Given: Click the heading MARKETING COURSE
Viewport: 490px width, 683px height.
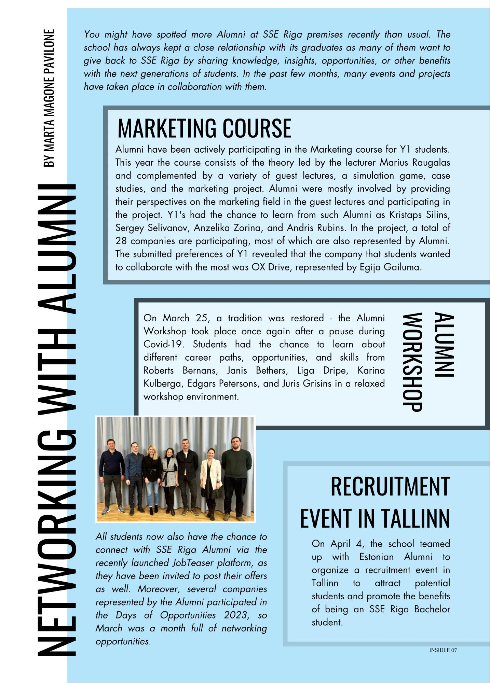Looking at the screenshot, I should pyautogui.click(x=204, y=128).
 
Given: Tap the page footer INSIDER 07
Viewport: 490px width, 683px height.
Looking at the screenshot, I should pyautogui.click(x=443, y=650).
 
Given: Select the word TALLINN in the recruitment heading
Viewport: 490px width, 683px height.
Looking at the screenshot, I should pyautogui.click(x=414, y=518).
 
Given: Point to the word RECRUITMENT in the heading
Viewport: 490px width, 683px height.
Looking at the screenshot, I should pyautogui.click(x=390, y=486).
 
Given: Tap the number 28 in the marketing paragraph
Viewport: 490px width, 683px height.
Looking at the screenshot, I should pyautogui.click(x=121, y=241).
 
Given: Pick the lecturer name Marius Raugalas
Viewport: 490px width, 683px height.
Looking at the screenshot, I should pyautogui.click(x=415, y=163).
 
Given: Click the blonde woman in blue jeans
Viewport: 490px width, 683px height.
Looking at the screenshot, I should pyautogui.click(x=150, y=475).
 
